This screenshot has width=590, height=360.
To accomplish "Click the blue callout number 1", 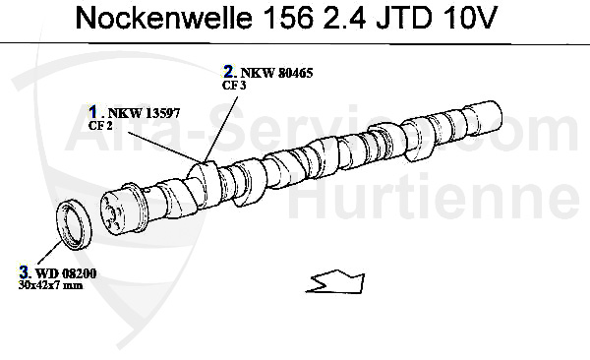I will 93,111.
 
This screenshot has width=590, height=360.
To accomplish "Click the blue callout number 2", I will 229,72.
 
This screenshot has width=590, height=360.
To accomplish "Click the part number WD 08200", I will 66,273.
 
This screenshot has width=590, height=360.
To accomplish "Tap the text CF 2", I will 101,125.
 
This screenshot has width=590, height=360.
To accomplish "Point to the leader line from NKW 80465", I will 218,123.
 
